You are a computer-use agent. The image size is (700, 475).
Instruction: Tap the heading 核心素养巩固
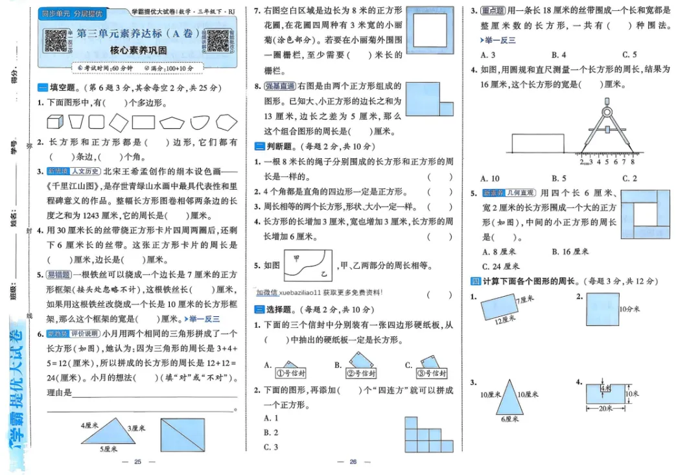pos(138,50)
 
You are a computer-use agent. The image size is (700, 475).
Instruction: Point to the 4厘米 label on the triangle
pos(89,426)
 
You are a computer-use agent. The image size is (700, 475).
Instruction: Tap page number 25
pos(137,461)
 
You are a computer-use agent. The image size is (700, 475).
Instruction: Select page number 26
pos(353,461)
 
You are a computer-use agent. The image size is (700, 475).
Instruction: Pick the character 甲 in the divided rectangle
pos(296,258)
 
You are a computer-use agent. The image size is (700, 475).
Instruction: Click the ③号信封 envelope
pos(430,371)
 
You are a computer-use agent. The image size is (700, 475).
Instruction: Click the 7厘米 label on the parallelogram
pos(524,299)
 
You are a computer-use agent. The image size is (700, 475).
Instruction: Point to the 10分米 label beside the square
pos(629,309)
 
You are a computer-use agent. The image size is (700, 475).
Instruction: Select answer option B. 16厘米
pos(570,251)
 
